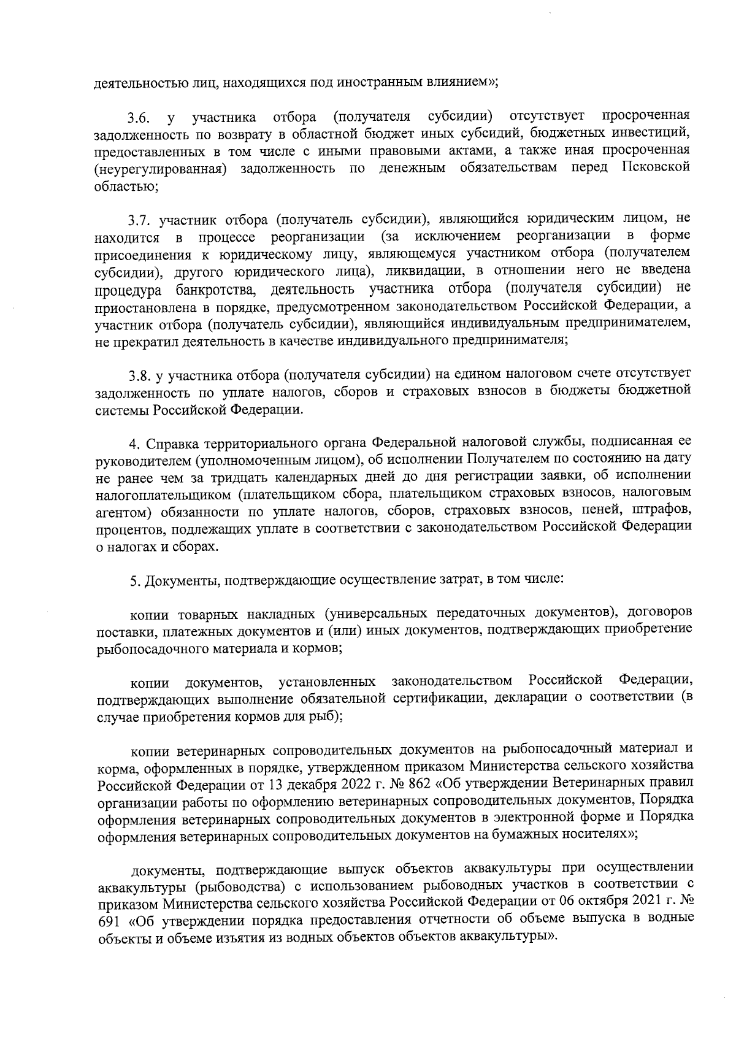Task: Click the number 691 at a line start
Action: (110, 920)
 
